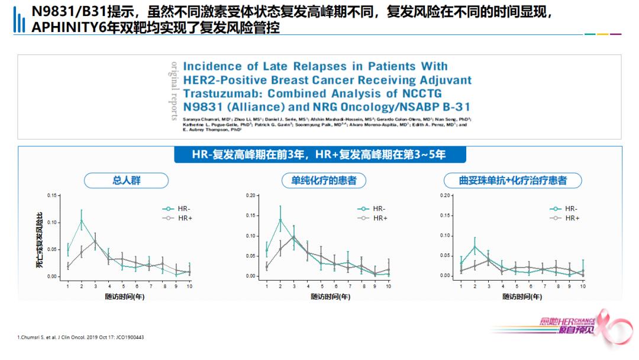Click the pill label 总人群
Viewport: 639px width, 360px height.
[x=127, y=181]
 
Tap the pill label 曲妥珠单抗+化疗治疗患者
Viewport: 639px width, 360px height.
[x=512, y=181]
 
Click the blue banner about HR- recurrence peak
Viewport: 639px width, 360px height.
[x=319, y=155]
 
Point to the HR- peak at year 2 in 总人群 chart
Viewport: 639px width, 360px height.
[x=81, y=220]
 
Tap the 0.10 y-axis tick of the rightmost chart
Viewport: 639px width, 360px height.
[x=446, y=236]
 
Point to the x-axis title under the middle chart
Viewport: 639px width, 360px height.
[x=330, y=297]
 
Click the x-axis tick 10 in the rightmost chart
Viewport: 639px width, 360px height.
[x=582, y=286]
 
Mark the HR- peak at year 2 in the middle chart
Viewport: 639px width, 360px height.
[x=280, y=220]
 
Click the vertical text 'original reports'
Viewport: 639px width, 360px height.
[x=174, y=90]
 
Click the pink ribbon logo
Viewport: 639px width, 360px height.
[x=615, y=326]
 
